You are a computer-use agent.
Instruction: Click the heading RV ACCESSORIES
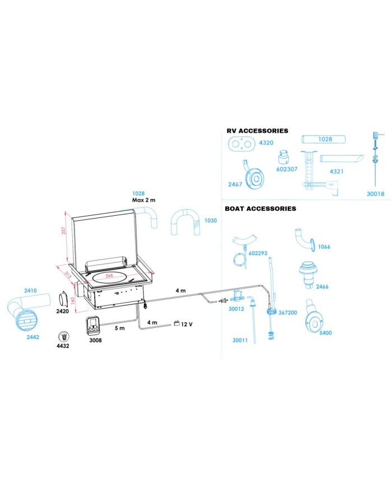click(x=257, y=131)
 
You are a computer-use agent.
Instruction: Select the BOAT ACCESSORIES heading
click(x=260, y=208)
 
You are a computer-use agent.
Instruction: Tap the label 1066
click(x=324, y=247)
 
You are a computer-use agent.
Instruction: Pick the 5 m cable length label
click(x=119, y=328)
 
